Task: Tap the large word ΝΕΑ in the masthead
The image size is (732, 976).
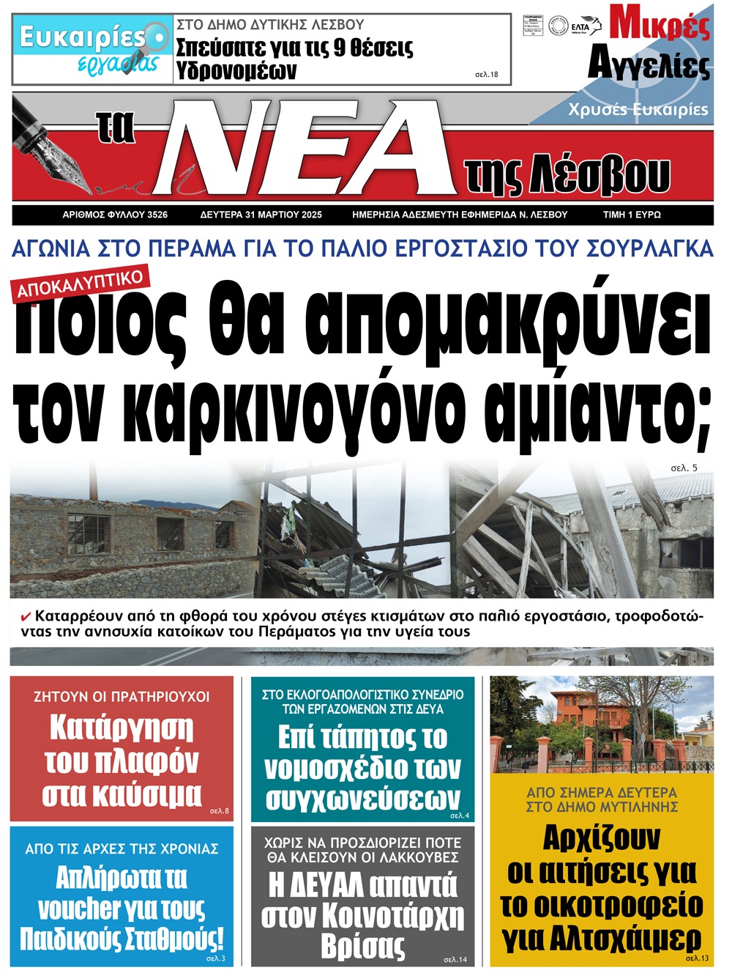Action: pos(307,147)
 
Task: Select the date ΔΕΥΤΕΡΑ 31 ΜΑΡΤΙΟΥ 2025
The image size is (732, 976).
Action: pos(261,215)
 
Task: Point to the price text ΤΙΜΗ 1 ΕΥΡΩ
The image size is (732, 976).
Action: pos(632,215)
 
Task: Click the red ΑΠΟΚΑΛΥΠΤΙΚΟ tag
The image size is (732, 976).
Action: pos(80,283)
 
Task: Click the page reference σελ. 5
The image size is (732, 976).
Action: pos(684,467)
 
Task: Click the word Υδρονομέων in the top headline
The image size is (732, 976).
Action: pos(236,70)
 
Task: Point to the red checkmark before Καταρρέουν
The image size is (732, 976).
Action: pos(26,615)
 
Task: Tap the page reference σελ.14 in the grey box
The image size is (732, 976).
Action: pos(455,959)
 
